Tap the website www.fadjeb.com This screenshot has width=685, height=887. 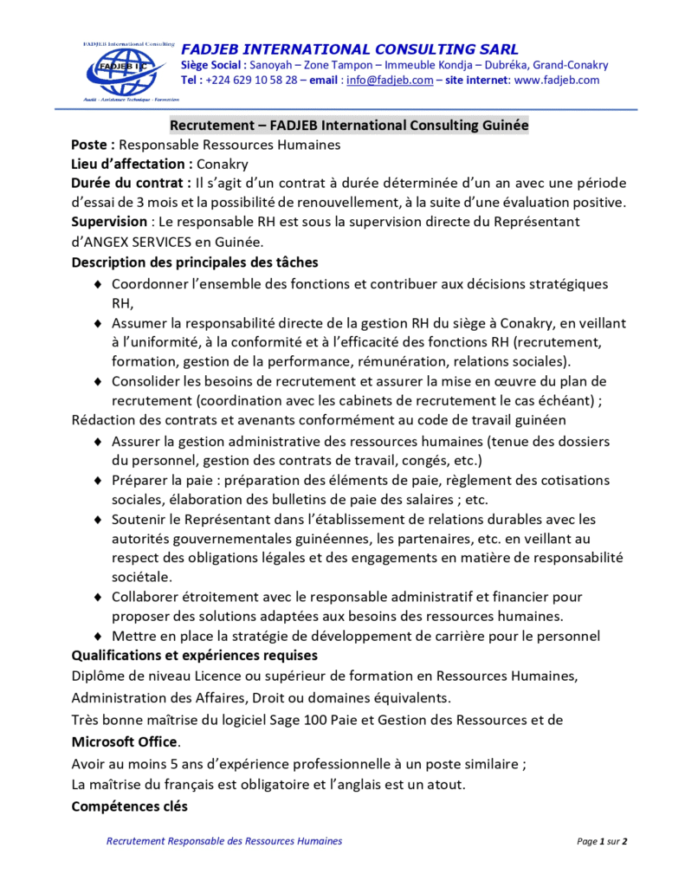pos(557,81)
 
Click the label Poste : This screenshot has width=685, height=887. pos(93,145)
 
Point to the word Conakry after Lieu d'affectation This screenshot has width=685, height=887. pos(225,164)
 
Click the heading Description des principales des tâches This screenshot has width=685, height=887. pos(194,262)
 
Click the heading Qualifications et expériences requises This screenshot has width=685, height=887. pos(194,655)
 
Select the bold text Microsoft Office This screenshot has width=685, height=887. pos(124,741)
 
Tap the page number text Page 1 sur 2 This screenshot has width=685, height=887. pos(602,841)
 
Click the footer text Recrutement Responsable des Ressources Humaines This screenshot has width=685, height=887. pos(223,841)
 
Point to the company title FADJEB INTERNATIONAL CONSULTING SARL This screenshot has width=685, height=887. pos(350,49)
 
